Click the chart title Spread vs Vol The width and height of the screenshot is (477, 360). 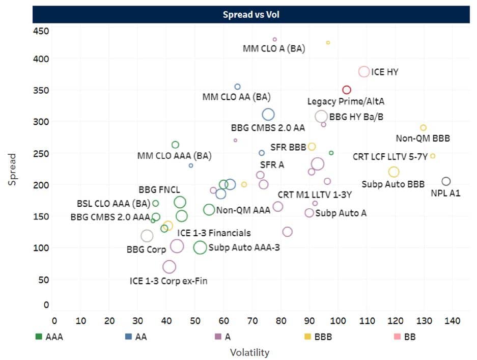pyautogui.click(x=251, y=15)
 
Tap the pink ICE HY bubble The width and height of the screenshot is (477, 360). pyautogui.click(x=364, y=72)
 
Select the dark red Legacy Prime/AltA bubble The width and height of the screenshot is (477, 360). pyautogui.click(x=347, y=90)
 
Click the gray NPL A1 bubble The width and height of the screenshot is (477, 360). pyautogui.click(x=446, y=181)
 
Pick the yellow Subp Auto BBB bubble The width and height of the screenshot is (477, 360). pyautogui.click(x=394, y=172)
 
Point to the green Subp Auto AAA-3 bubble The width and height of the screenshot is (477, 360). pyautogui.click(x=200, y=247)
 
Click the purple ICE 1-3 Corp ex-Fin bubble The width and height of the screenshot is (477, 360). pyautogui.click(x=169, y=266)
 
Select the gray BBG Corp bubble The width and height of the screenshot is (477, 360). pyautogui.click(x=147, y=236)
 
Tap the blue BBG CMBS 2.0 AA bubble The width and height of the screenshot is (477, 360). pyautogui.click(x=268, y=115)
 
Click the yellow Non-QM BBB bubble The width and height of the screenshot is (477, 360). pyautogui.click(x=423, y=128)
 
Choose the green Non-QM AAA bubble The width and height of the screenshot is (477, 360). pyautogui.click(x=209, y=209)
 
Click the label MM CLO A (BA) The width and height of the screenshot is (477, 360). pyautogui.click(x=273, y=49)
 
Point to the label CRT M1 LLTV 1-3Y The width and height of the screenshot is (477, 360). pyautogui.click(x=315, y=195)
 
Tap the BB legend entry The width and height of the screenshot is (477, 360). pyautogui.click(x=404, y=337)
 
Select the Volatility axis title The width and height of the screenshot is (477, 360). pyautogui.click(x=249, y=352)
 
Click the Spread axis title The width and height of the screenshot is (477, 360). pyautogui.click(x=13, y=170)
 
